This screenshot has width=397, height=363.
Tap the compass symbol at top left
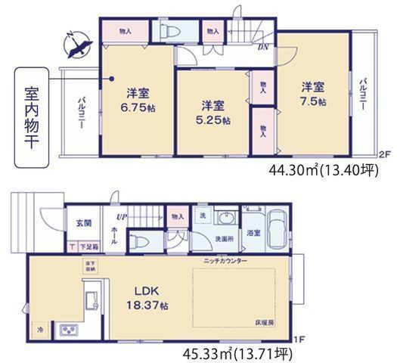(76, 48)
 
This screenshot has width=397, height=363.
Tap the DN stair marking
(262, 48)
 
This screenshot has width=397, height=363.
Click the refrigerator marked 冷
(39, 331)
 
